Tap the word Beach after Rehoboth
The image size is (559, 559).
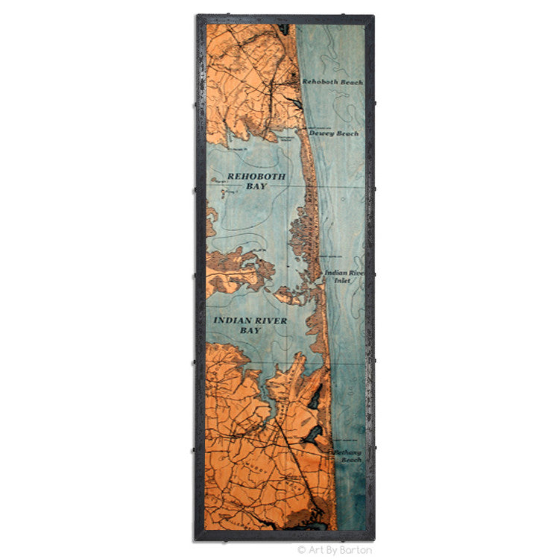click(x=351, y=82)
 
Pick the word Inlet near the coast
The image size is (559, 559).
click(x=342, y=281)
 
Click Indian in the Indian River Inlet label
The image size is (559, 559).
click(x=335, y=273)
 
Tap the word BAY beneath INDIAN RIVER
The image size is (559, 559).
click(x=250, y=330)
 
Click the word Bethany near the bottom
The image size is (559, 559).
click(x=347, y=452)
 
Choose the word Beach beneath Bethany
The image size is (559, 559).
click(x=351, y=461)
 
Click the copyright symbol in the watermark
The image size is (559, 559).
click(x=302, y=550)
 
